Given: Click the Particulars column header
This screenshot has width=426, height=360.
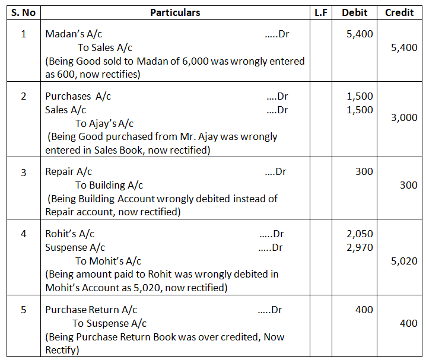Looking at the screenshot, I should [x=175, y=12].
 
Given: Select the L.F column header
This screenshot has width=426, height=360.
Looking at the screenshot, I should [x=321, y=12].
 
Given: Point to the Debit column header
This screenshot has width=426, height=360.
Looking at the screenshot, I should [x=355, y=12].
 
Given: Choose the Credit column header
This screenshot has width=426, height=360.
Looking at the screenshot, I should [x=399, y=12].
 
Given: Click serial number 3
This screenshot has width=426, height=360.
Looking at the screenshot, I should [x=24, y=172].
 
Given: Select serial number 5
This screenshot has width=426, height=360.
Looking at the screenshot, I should [x=24, y=310].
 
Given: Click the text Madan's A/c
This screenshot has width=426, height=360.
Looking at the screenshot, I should [x=78, y=34].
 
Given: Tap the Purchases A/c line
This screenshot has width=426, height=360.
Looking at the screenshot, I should [x=78, y=96].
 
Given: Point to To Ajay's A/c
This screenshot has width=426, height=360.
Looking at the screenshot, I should [x=104, y=123].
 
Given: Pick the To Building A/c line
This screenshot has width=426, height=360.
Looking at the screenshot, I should [x=109, y=186].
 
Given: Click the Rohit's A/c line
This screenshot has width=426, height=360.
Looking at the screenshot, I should [x=69, y=234].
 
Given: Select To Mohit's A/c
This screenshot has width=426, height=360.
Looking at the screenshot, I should [x=108, y=261].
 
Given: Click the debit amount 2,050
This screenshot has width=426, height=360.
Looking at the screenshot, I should [x=360, y=234].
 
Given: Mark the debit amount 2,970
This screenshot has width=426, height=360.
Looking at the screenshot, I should [x=360, y=247].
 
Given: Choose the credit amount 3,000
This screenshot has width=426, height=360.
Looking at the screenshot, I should [x=404, y=117].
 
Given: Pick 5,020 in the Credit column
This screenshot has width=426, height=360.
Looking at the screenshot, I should [x=404, y=261].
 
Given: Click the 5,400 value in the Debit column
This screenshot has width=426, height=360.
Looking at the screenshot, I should [x=360, y=34].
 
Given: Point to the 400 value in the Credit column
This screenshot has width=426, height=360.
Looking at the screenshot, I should [x=408, y=323].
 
